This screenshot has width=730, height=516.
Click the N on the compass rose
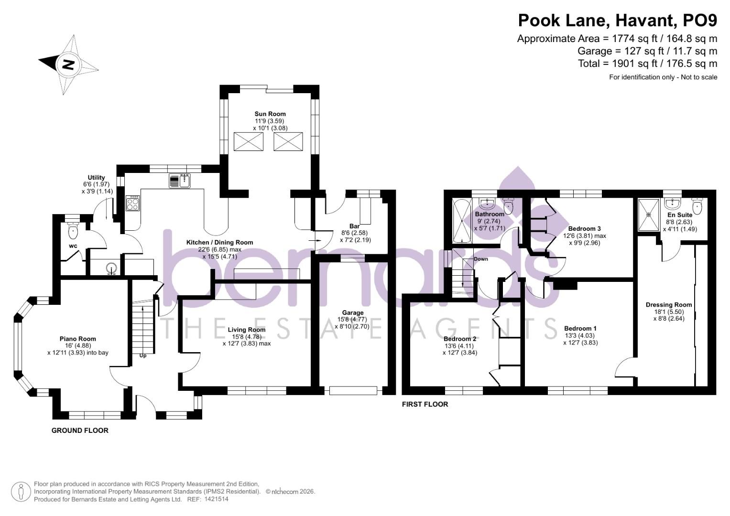click(x=68, y=64)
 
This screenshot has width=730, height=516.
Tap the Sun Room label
click(x=270, y=114)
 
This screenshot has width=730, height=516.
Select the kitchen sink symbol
click(x=180, y=181)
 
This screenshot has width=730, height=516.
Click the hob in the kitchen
click(x=133, y=204)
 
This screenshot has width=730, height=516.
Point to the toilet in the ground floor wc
click(x=73, y=231)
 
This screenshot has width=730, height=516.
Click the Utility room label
click(x=96, y=178)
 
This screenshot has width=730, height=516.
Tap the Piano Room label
click(x=78, y=339)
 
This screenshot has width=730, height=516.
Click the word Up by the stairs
click(x=142, y=355)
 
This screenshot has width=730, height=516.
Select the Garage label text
click(x=352, y=313)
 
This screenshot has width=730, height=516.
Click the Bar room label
click(x=354, y=226)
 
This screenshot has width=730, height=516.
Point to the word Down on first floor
click(x=480, y=259)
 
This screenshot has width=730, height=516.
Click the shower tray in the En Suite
click(x=649, y=215)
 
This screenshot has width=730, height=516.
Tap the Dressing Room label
click(x=668, y=305)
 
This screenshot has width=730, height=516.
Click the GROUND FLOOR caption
click(x=80, y=430)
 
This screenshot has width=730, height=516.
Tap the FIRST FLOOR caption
click(x=425, y=404)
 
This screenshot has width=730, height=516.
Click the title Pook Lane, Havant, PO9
click(x=618, y=21)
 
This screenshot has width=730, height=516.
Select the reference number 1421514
click(x=217, y=499)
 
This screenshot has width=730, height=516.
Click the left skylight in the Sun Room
click(x=248, y=141)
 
